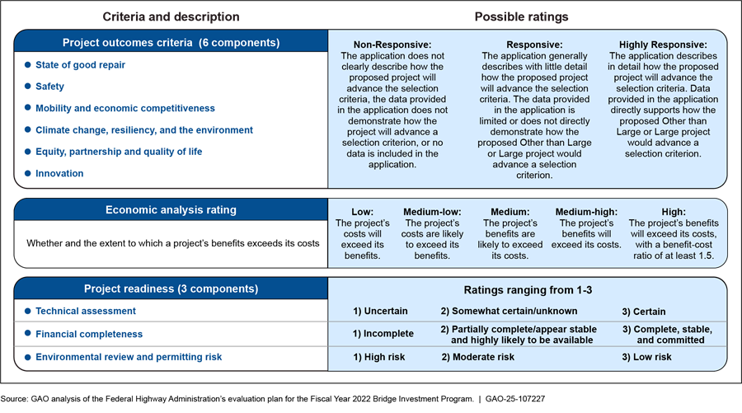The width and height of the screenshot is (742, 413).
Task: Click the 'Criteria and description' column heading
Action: point(171,16)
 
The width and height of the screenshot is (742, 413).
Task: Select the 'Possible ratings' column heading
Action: point(521,16)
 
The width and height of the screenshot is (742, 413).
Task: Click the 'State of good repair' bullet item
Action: point(81,64)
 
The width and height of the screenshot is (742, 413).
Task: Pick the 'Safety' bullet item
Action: point(49,87)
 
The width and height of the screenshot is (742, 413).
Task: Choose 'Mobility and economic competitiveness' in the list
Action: point(124,108)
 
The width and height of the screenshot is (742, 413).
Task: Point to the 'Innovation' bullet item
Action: point(59,173)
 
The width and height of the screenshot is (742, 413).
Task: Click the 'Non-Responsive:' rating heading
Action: point(392,45)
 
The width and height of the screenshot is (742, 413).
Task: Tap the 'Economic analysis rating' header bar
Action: point(171,210)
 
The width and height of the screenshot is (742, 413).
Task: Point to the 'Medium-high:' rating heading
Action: point(586,212)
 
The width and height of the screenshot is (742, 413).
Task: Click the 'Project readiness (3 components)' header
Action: point(171,289)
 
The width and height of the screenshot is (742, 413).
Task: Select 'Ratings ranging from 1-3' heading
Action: point(528,290)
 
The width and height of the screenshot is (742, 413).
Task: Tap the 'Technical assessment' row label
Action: point(85,312)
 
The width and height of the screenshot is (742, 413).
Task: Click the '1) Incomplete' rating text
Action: point(383,334)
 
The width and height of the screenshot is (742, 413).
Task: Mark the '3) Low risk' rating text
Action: point(646,357)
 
